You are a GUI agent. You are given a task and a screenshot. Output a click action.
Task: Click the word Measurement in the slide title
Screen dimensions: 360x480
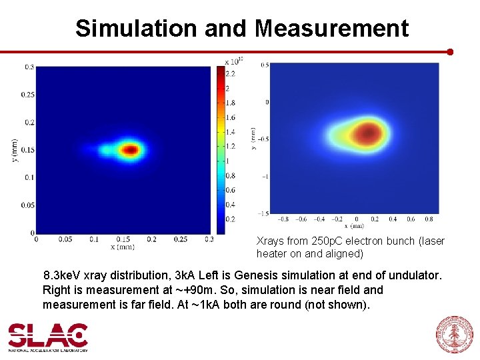click(331, 28)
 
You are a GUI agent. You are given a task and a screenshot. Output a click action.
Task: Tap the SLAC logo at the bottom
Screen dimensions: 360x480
click(48, 337)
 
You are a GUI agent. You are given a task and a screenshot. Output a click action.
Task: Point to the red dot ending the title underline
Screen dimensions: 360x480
click(450, 51)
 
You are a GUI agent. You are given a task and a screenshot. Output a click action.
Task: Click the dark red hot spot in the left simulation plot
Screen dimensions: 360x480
click(130, 150)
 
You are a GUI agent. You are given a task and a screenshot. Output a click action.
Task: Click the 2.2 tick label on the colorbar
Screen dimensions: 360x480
click(229, 73)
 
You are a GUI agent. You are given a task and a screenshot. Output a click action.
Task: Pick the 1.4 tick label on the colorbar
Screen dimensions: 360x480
click(229, 132)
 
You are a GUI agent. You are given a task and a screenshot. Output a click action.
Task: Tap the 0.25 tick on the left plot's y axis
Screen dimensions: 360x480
click(27, 95)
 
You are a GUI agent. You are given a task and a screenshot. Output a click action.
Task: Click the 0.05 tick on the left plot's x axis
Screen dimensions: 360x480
click(64, 239)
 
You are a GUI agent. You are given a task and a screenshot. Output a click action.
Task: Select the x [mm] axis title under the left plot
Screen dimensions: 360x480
click(122, 247)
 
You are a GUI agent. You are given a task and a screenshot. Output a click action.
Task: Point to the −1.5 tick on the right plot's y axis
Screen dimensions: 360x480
click(264, 213)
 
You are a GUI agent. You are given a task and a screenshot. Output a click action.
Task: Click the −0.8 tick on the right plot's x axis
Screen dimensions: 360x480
click(283, 219)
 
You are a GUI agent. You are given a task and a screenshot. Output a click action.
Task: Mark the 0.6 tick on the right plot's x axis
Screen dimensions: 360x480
click(411, 219)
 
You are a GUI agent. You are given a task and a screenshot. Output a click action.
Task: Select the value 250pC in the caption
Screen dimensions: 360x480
click(323, 241)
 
